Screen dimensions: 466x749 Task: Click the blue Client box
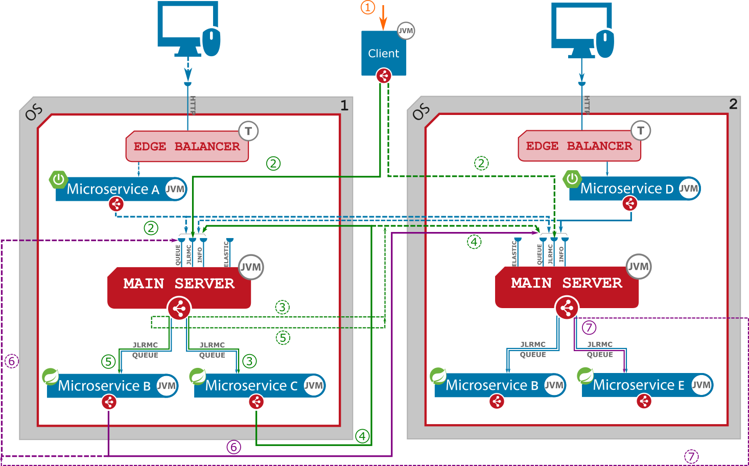tap(383, 53)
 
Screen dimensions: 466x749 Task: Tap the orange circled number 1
tap(368, 8)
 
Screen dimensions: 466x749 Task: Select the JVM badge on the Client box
tap(406, 31)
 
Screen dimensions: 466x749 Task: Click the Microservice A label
tap(112, 190)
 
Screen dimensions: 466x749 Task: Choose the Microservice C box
tap(251, 386)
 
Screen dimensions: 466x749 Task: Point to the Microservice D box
tap(626, 189)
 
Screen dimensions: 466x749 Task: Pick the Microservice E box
tap(639, 385)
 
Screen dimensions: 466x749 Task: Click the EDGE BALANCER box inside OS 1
tap(186, 147)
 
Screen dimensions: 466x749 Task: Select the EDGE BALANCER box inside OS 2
tap(579, 146)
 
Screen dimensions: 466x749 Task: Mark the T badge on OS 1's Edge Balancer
tap(248, 131)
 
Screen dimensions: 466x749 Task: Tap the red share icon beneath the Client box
tap(383, 76)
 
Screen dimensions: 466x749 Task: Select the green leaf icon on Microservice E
tap(584, 376)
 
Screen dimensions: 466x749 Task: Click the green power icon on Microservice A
tap(58, 179)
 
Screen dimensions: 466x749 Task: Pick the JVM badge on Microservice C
tap(313, 386)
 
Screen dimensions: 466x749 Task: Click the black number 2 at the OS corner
tap(733, 104)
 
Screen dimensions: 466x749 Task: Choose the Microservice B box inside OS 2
tap(491, 385)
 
